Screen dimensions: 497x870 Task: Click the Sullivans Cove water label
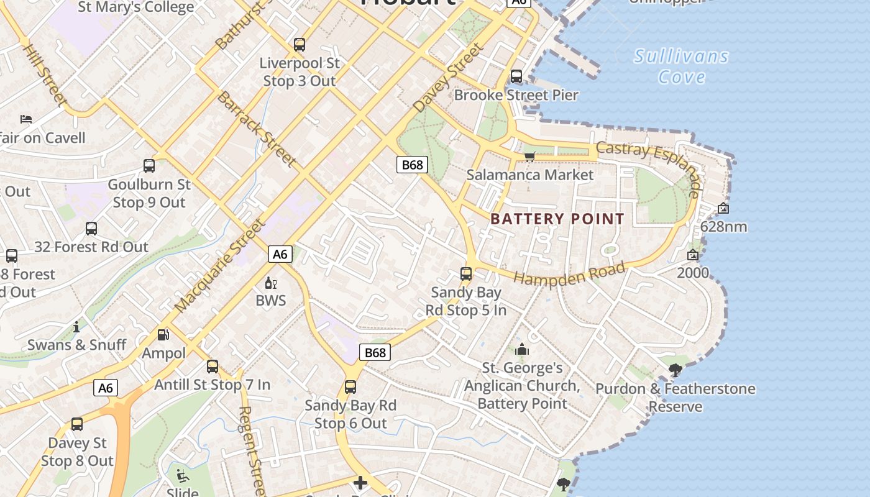coord(681,66)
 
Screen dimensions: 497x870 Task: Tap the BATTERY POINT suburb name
coord(557,219)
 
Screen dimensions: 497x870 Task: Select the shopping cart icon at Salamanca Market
coord(529,157)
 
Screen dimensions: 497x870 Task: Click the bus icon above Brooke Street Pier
coord(516,76)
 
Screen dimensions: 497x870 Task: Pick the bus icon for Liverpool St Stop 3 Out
coord(300,45)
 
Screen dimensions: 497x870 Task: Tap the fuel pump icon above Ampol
coord(163,335)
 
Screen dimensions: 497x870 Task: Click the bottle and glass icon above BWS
coord(271,283)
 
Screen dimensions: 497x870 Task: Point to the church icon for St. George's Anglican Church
coord(522,350)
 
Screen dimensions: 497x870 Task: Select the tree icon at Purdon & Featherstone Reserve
coord(675,371)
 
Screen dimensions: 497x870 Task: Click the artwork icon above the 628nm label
coord(723,209)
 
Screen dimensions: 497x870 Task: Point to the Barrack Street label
coord(255,129)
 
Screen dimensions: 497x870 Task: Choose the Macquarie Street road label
coord(220,266)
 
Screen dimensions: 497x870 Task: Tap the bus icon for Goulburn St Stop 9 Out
coord(149,166)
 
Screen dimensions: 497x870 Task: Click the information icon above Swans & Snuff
coord(76,327)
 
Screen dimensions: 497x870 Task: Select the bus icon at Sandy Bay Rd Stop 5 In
coord(466,274)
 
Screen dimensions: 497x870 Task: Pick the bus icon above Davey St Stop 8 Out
coord(77,424)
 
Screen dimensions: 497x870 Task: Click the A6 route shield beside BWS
coord(280,253)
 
